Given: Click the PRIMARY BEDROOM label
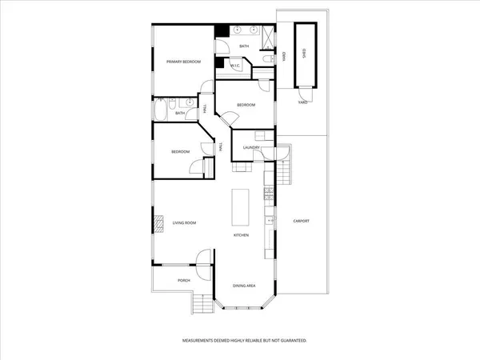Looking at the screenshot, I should pyautogui.click(x=182, y=62).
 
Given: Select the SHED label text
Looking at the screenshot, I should pyautogui.click(x=304, y=54).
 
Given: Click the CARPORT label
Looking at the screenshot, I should pyautogui.click(x=301, y=221).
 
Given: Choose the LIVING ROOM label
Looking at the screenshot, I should pyautogui.click(x=184, y=223).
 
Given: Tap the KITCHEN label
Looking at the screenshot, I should pyautogui.click(x=242, y=235).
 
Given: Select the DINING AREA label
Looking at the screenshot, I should pyautogui.click(x=244, y=286).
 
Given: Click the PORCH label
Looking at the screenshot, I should pyautogui.click(x=172, y=280).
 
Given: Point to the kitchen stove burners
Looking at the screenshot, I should pyautogui.click(x=269, y=194).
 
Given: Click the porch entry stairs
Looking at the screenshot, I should pyautogui.click(x=202, y=302).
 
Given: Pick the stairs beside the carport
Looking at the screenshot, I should pyautogui.click(x=282, y=171).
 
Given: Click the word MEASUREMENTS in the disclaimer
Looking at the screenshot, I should pyautogui.click(x=202, y=340).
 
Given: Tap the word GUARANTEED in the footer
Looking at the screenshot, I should pyautogui.click(x=290, y=340).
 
